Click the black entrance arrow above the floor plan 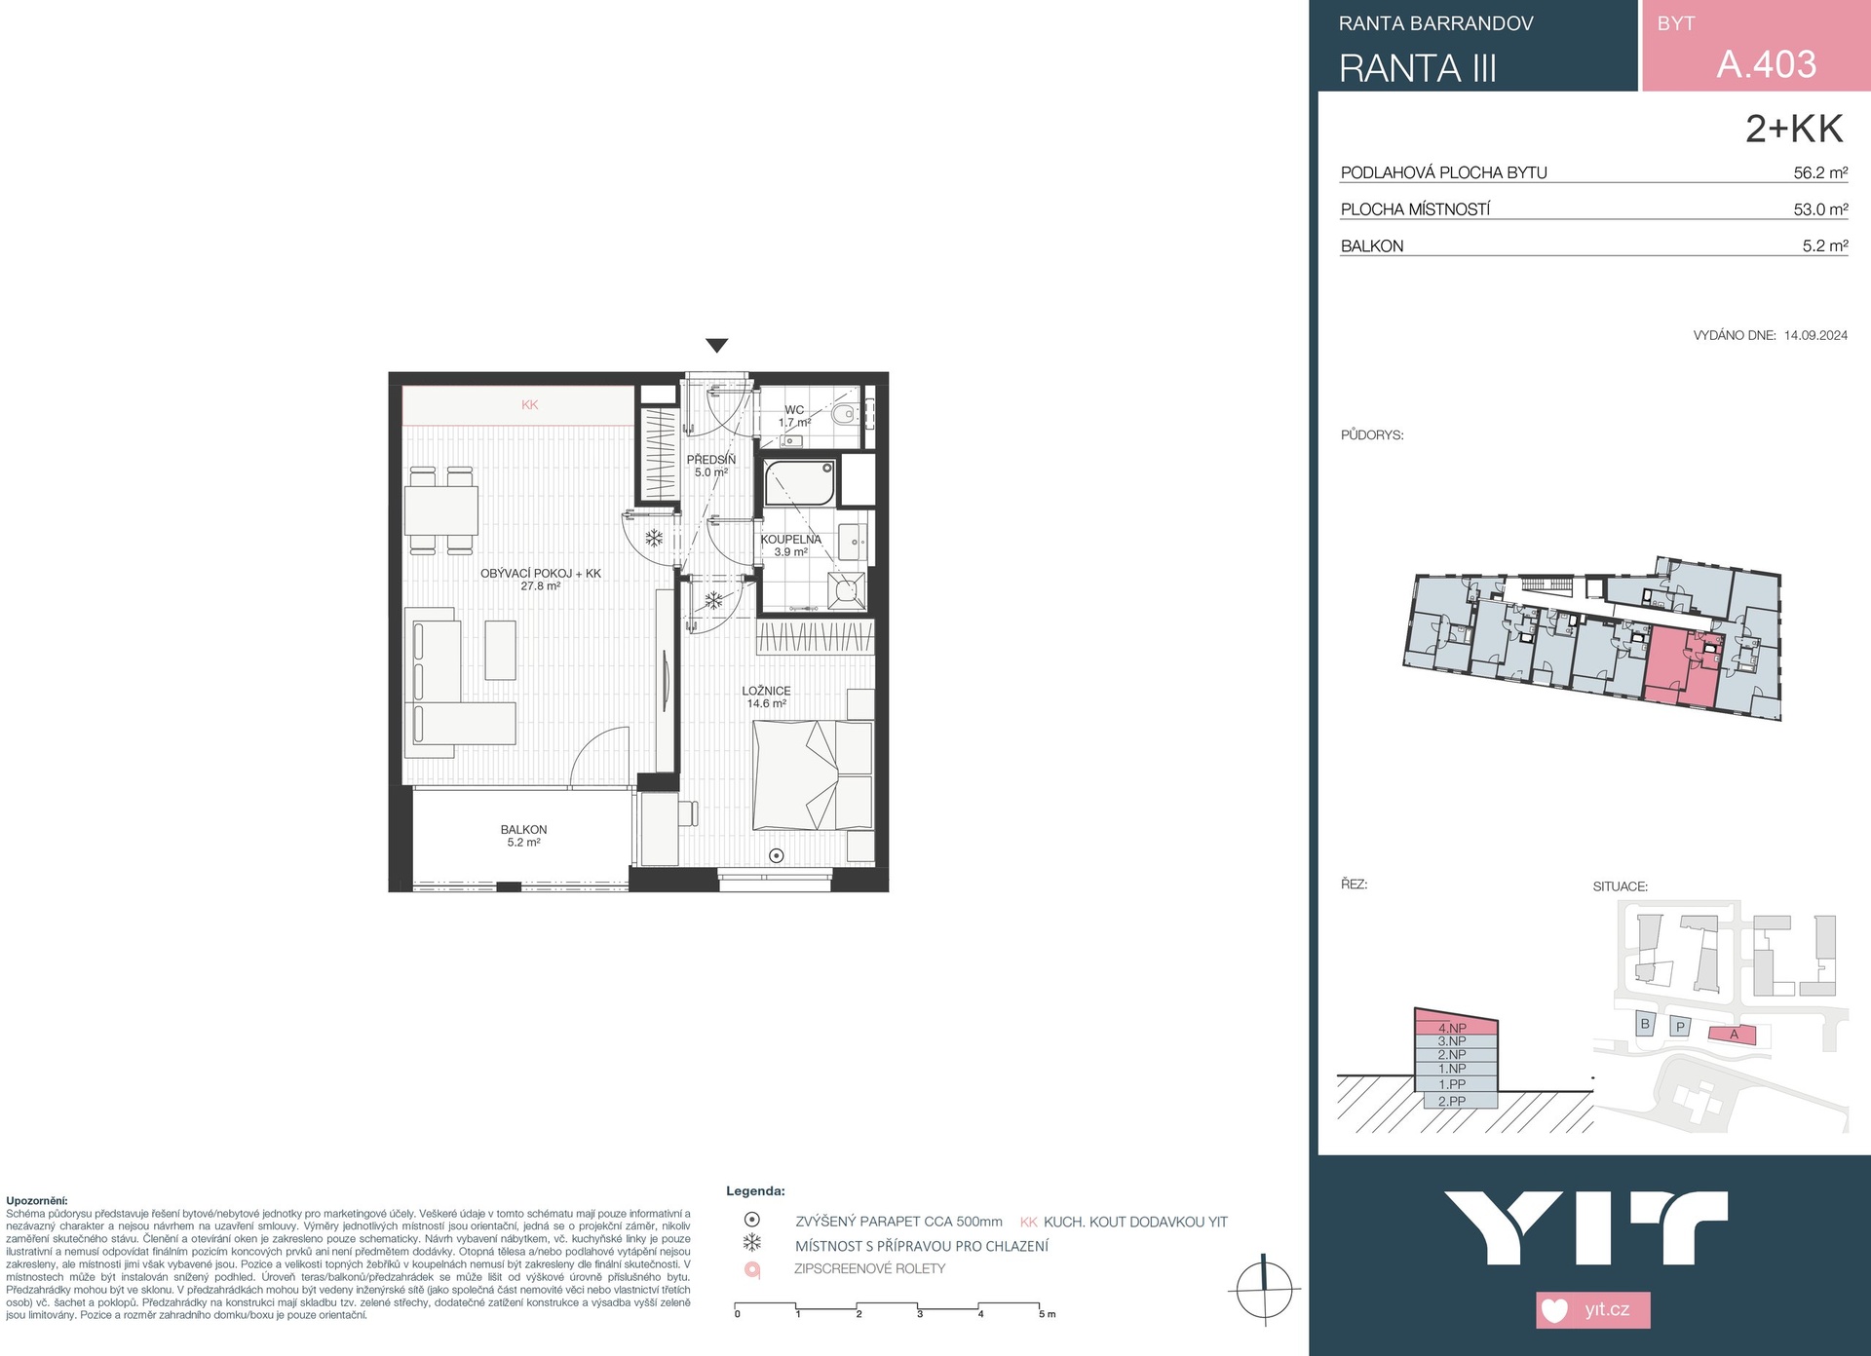(x=717, y=345)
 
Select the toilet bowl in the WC (x=845, y=416)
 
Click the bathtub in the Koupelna (x=800, y=483)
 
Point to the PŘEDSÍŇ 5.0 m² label (x=711, y=466)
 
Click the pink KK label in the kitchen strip (x=529, y=405)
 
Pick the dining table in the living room (x=441, y=510)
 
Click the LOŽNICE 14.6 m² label (x=767, y=697)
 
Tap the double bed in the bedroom (x=814, y=774)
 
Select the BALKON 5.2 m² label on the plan (x=524, y=836)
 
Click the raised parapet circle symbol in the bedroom (x=777, y=855)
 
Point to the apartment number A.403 (x=1766, y=64)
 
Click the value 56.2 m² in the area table (x=1820, y=172)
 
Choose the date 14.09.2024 (x=1815, y=335)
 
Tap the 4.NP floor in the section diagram (x=1452, y=1028)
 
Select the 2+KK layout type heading (x=1794, y=129)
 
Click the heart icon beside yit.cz (x=1555, y=1310)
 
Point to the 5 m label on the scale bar (x=1048, y=1314)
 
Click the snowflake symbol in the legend (x=752, y=1243)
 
